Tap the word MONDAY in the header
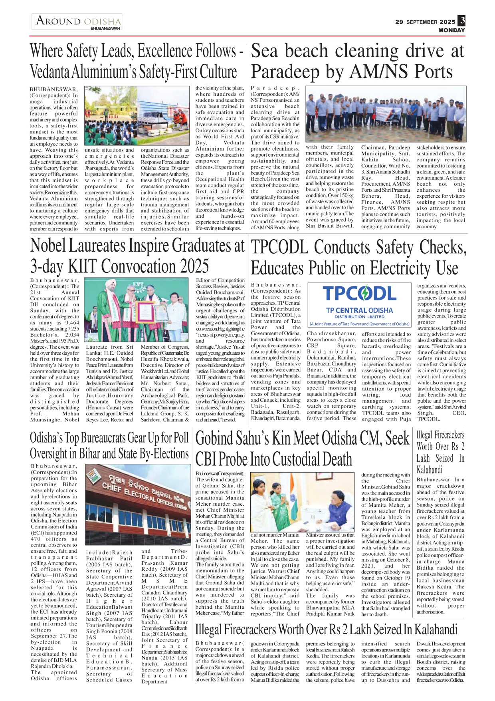pos(451,30)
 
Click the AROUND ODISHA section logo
pos(77,22)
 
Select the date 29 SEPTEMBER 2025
pos(425,22)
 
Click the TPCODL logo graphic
pos(359,294)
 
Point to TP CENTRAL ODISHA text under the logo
pos(359,310)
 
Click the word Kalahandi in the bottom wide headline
pos(436,630)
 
